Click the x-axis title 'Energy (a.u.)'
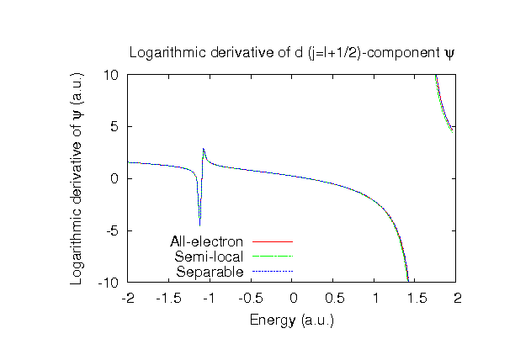pyautogui.click(x=292, y=320)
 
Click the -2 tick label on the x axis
pyautogui.click(x=128, y=298)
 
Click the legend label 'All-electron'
pyautogui.click(x=206, y=241)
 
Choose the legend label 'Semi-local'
pyautogui.click(x=209, y=257)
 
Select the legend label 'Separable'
pyautogui.click(x=210, y=272)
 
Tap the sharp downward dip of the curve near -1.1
pyautogui.click(x=199, y=222)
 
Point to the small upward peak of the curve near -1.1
pyautogui.click(x=204, y=150)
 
